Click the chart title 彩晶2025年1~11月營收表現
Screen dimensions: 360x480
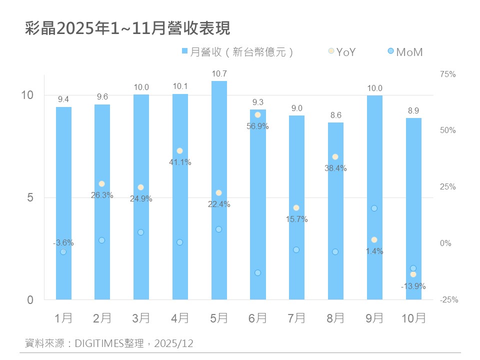(127, 28)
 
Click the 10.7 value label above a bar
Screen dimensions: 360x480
(219, 74)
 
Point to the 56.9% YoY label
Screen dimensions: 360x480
(257, 126)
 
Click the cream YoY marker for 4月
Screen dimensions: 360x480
(179, 151)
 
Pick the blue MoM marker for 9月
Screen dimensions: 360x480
(374, 208)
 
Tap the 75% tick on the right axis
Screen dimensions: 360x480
(448, 74)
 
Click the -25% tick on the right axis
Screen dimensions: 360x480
(448, 300)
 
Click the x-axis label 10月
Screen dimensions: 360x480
(413, 318)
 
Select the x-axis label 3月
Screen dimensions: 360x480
(141, 318)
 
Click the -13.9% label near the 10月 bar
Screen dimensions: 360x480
(413, 286)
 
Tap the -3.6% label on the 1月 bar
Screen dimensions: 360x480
(63, 243)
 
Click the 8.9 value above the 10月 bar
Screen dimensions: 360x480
(413, 111)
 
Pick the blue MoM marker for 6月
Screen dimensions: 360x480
(257, 273)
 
